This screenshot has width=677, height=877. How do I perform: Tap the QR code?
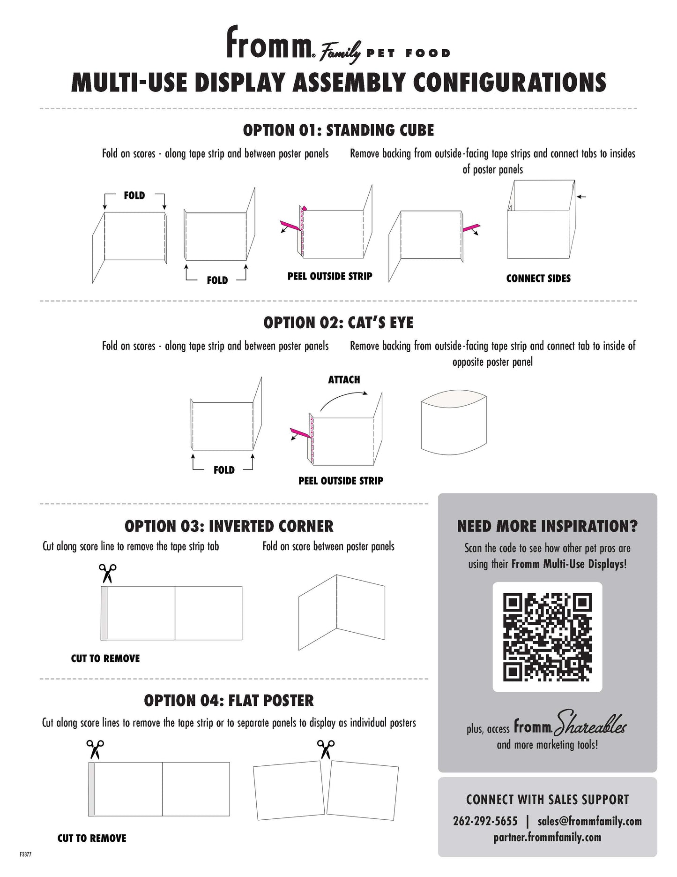coord(547,637)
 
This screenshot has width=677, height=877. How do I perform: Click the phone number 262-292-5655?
coord(485,821)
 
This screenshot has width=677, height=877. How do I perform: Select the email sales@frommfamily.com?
coord(589,821)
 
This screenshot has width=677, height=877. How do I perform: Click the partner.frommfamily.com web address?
coord(547,837)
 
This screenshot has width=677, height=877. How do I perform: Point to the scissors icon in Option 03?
coord(107,573)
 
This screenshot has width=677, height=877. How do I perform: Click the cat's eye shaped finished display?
coord(454,422)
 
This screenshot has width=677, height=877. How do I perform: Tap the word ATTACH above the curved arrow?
coord(344,379)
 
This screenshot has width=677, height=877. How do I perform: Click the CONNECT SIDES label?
coord(538,279)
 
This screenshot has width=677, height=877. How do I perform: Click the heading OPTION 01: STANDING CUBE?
coord(338,130)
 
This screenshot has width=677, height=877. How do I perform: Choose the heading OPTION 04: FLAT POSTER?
coord(229,700)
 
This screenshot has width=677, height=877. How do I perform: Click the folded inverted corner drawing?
coord(342,612)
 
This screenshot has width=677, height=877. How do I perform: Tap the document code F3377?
coord(25,854)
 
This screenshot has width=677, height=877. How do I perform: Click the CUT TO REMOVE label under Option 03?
coord(105,658)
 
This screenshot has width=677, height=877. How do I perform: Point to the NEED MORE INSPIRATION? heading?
coord(547,526)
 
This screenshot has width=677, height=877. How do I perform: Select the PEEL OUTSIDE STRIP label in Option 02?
coord(341,481)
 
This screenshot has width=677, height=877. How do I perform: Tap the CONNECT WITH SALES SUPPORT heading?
coord(547,800)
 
